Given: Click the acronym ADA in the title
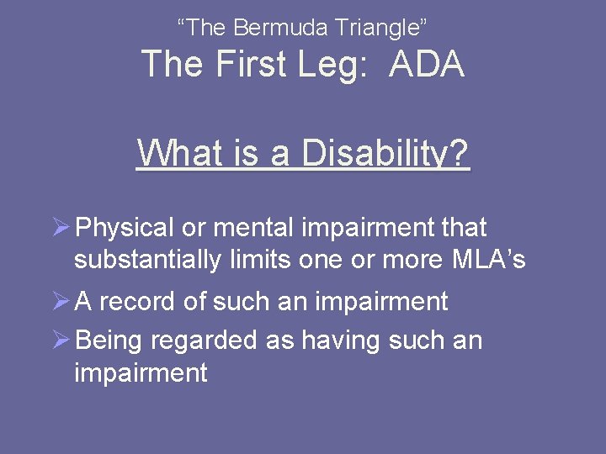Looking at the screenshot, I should tap(427, 65).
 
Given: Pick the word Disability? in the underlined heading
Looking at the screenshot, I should tap(385, 154).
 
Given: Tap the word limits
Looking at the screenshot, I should tap(262, 260).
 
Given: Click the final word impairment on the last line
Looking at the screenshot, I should tap(141, 372).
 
